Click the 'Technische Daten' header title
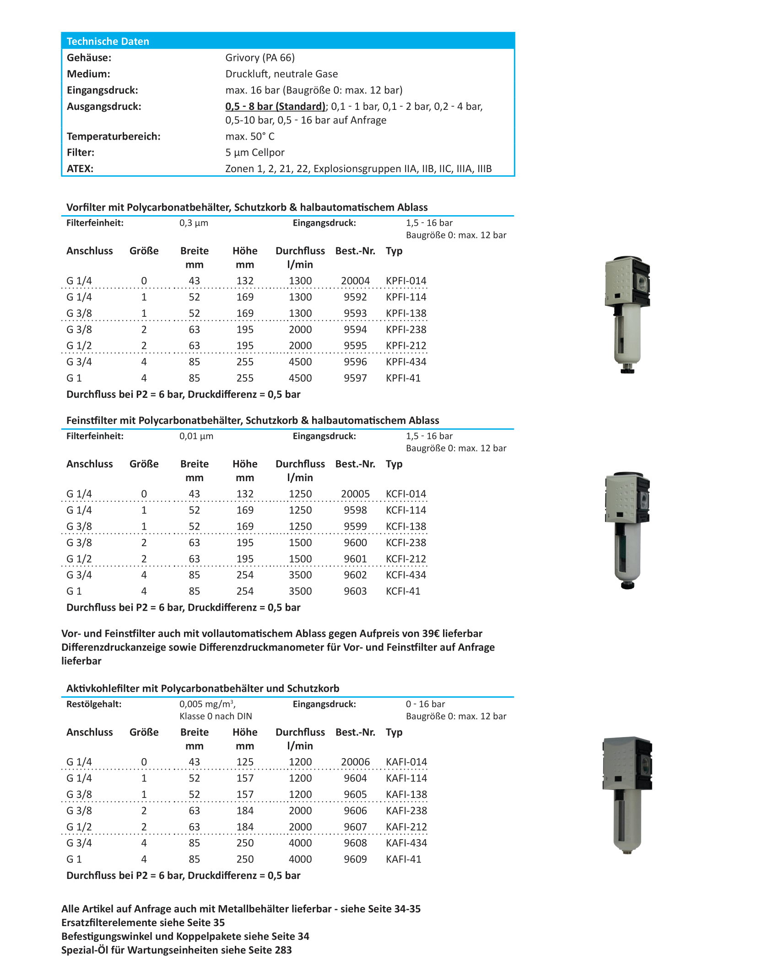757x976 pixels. pyautogui.click(x=108, y=41)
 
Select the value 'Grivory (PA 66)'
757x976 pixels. pyautogui.click(x=260, y=58)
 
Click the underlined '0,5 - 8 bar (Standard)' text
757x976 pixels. pyautogui.click(x=275, y=106)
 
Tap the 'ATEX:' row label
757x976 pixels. pyautogui.click(x=80, y=168)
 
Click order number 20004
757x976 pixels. pyautogui.click(x=355, y=281)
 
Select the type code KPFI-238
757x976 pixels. pyautogui.click(x=406, y=330)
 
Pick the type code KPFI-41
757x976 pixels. pyautogui.click(x=403, y=378)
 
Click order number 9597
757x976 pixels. pyautogui.click(x=355, y=378)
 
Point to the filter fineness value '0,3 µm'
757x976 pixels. pyautogui.click(x=194, y=223)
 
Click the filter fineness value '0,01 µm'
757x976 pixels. pyautogui.click(x=196, y=436)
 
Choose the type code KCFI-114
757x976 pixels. pyautogui.click(x=406, y=510)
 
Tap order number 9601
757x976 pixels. pyautogui.click(x=355, y=559)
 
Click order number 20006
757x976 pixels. pyautogui.click(x=355, y=762)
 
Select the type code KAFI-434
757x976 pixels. pyautogui.click(x=406, y=843)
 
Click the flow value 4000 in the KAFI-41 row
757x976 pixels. pyautogui.click(x=300, y=859)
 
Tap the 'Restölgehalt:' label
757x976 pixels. pyautogui.click(x=94, y=704)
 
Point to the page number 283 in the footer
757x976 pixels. pyautogui.click(x=283, y=950)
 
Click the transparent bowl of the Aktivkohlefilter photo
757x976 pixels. pyautogui.click(x=627, y=819)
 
